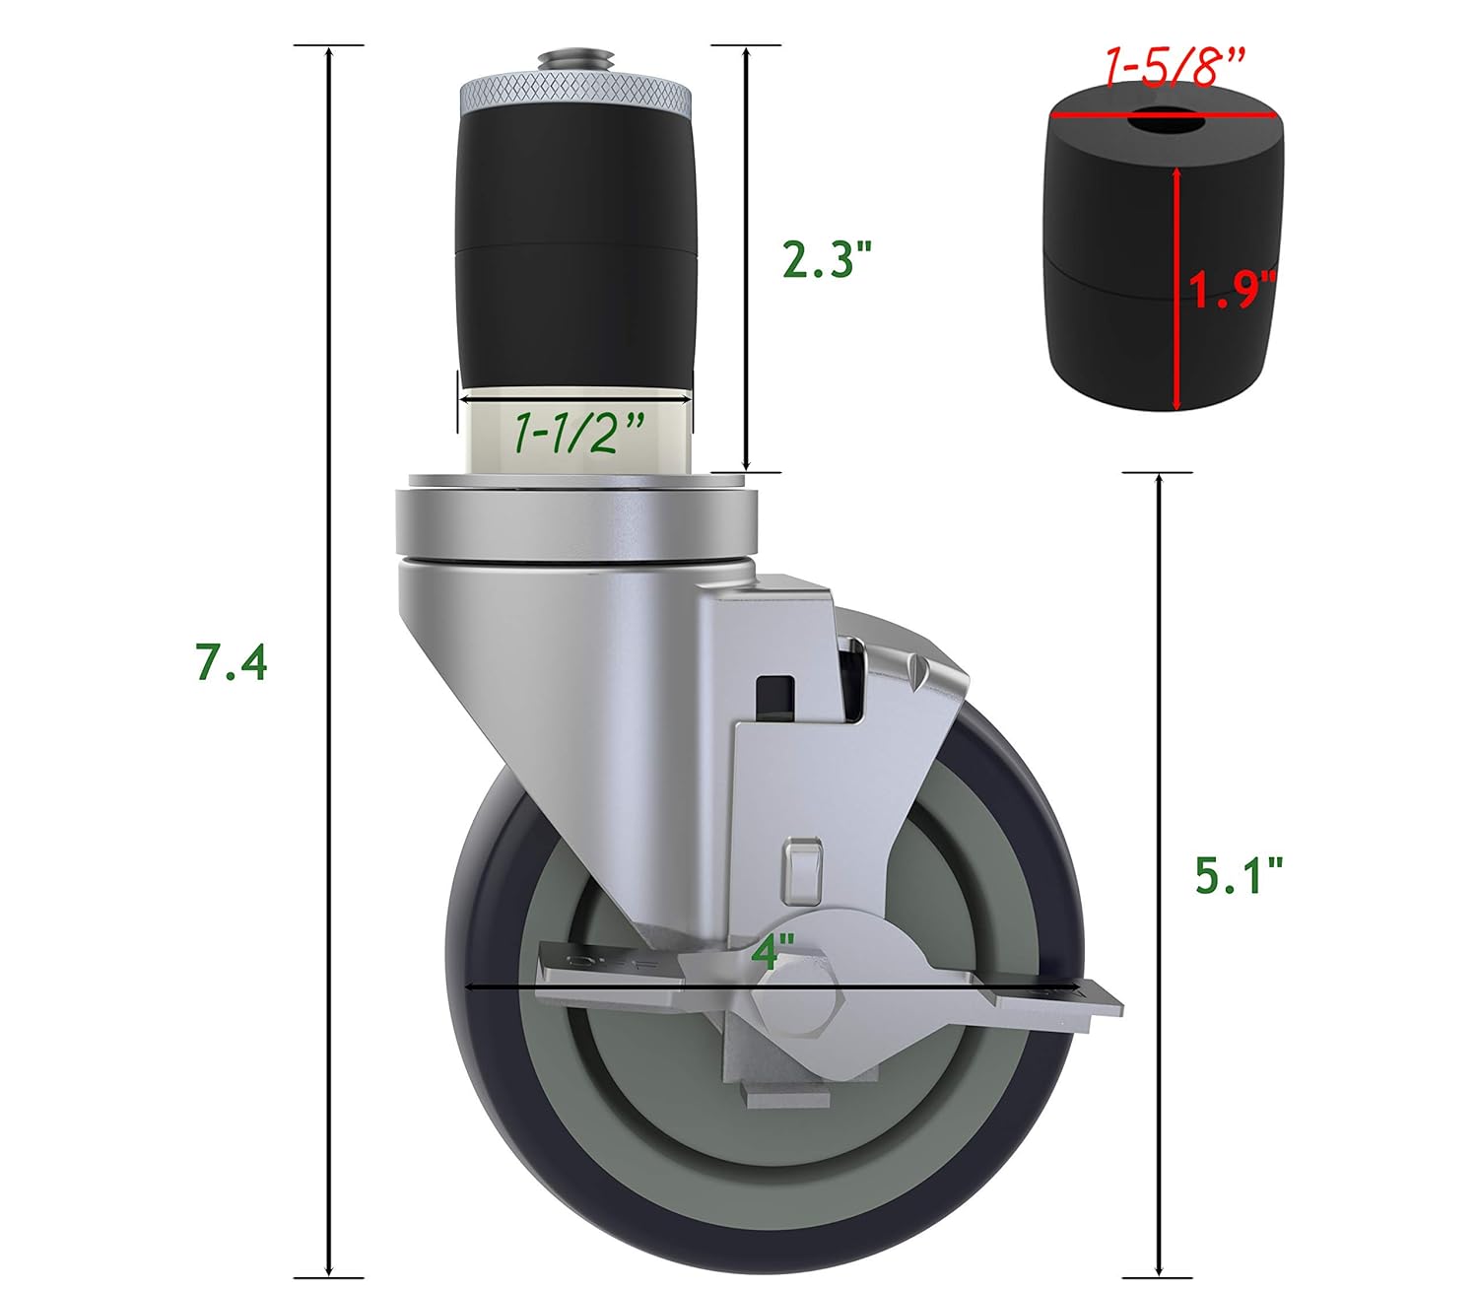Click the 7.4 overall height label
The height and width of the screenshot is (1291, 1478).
point(232,662)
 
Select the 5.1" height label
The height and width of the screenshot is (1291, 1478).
point(1240,874)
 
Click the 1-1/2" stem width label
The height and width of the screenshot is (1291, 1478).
point(578,434)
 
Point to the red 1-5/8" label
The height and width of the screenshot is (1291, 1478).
point(1175,70)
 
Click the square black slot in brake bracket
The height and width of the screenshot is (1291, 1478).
point(774,696)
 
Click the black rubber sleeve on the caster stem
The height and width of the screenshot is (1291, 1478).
point(575,246)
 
